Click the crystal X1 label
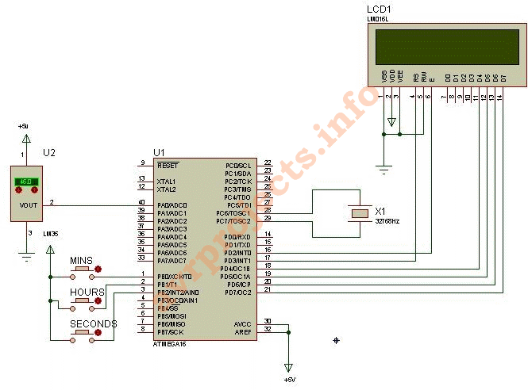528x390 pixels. tap(380, 212)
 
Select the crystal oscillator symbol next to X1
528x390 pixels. tap(360, 212)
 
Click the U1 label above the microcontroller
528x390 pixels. tap(159, 152)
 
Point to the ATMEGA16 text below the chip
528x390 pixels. tap(170, 344)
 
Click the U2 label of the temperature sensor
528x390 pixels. tap(49, 152)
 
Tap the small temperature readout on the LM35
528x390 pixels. tap(26, 182)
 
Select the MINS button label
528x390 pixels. tap(82, 260)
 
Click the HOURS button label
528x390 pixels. tap(87, 292)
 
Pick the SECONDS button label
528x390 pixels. tap(94, 323)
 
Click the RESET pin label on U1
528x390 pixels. tap(168, 166)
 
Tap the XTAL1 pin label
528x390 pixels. tap(167, 181)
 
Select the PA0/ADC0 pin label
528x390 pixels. tap(172, 205)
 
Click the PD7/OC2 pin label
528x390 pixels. tap(238, 292)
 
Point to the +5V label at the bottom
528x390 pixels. tap(290, 380)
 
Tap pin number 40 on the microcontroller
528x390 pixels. tap(141, 203)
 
